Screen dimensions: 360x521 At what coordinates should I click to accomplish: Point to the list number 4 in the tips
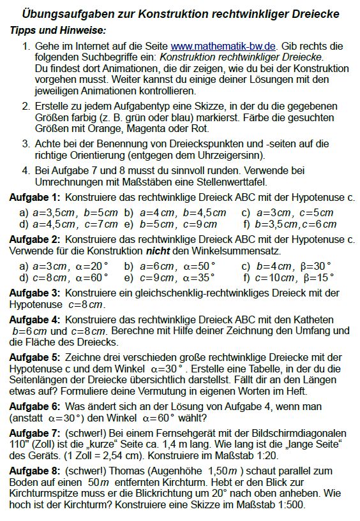(25, 170)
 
